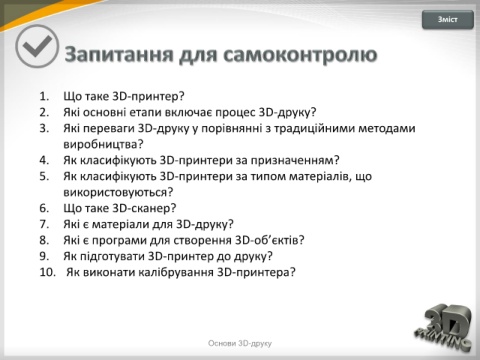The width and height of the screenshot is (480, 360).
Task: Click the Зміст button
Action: [x=448, y=19]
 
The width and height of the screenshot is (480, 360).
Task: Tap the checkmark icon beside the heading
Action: [x=37, y=47]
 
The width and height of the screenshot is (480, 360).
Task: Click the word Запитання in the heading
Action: [x=119, y=54]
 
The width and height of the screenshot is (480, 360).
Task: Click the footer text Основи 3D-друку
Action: [x=240, y=343]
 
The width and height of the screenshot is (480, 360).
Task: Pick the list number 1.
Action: [x=44, y=96]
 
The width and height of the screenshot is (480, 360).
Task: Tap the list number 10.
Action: [x=48, y=272]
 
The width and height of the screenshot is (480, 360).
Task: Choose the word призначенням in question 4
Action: [x=292, y=160]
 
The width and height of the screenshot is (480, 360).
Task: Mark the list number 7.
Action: [x=44, y=224]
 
